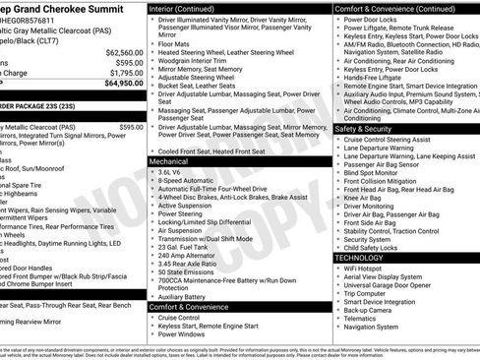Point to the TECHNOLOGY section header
coord(365,257)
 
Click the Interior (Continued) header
coord(189,7)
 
